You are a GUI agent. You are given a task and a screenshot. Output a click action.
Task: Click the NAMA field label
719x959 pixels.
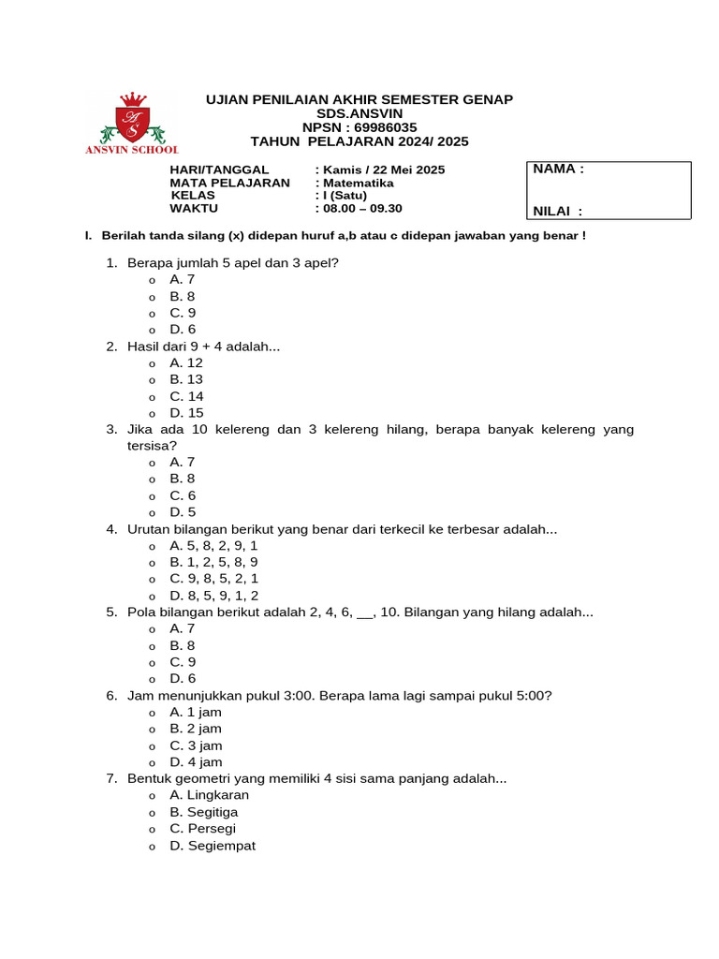[x=558, y=170]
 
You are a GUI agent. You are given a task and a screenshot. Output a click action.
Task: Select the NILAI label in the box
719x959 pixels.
[x=557, y=212]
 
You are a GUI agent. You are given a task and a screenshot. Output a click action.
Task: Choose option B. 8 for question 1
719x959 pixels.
[x=182, y=296]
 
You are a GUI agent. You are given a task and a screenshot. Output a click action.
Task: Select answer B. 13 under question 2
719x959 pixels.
[x=185, y=379]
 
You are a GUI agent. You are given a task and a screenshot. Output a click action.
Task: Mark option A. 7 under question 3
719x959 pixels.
[x=182, y=462]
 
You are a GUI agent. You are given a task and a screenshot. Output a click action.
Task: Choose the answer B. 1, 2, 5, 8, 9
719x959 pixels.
[x=213, y=562]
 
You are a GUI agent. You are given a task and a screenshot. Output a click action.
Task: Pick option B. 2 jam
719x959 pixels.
[x=196, y=729]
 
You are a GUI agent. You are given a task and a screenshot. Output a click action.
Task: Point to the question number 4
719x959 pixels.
[x=111, y=529]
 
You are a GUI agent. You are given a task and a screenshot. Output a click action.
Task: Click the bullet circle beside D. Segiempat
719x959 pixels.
[x=152, y=847]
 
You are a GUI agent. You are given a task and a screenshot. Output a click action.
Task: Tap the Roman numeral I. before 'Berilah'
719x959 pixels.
[x=88, y=235]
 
